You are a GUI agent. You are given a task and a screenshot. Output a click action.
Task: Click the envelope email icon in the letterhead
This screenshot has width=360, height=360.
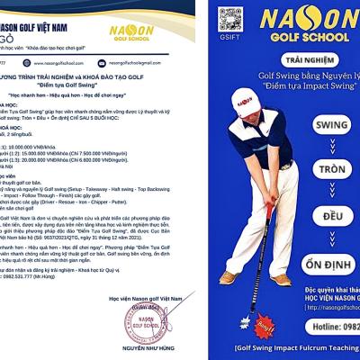point(103,63)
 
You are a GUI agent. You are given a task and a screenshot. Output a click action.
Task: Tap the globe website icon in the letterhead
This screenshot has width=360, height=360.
point(31,63)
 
